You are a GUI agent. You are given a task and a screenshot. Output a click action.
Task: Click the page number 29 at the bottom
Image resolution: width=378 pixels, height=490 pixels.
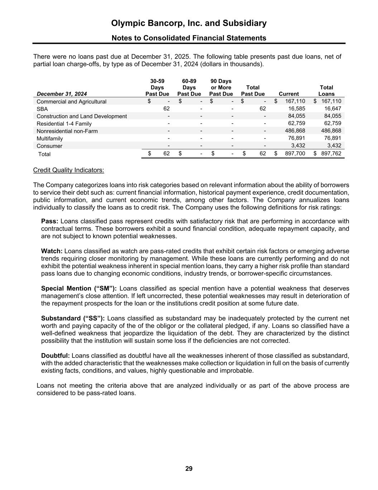pyautogui.click(x=189, y=468)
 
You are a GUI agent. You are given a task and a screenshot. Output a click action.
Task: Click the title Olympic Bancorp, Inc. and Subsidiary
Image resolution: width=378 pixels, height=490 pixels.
pyautogui.click(x=189, y=23)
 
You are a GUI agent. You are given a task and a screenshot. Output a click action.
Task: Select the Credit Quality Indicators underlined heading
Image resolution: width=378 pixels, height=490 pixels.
pyautogui.click(x=68, y=170)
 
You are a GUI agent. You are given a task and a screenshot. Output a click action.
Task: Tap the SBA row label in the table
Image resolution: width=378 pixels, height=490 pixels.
pyautogui.click(x=42, y=109)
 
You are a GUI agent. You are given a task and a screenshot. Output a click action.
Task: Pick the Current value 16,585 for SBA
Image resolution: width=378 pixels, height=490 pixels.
pyautogui.click(x=296, y=109)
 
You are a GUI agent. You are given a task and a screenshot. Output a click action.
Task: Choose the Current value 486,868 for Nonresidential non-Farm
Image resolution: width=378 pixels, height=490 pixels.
pyautogui.click(x=294, y=131)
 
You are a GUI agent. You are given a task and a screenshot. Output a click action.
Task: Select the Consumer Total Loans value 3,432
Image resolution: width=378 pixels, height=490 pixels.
pyautogui.click(x=334, y=146)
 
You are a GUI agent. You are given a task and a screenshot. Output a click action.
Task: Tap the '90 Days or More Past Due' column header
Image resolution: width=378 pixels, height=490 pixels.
pyautogui.click(x=221, y=88)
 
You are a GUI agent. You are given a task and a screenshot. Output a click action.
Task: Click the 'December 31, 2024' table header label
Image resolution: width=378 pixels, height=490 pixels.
pyautogui.click(x=59, y=94)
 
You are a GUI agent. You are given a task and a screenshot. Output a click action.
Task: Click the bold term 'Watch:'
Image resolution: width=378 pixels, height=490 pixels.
pyautogui.click(x=52, y=251)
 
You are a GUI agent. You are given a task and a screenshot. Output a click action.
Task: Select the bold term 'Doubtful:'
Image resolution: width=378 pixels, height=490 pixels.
pyautogui.click(x=56, y=355)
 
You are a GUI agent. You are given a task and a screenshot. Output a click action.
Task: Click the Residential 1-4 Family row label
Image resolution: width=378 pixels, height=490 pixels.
pyautogui.click(x=64, y=124)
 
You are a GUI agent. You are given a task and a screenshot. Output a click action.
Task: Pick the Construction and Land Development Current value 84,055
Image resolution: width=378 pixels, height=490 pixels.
pyautogui.click(x=296, y=116)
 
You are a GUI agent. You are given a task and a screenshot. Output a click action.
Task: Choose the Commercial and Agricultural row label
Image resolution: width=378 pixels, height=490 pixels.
pyautogui.click(x=71, y=102)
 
